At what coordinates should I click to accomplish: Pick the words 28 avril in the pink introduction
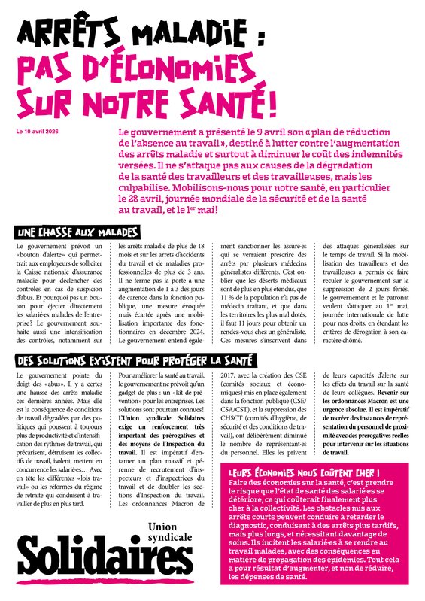[x=153, y=196]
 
